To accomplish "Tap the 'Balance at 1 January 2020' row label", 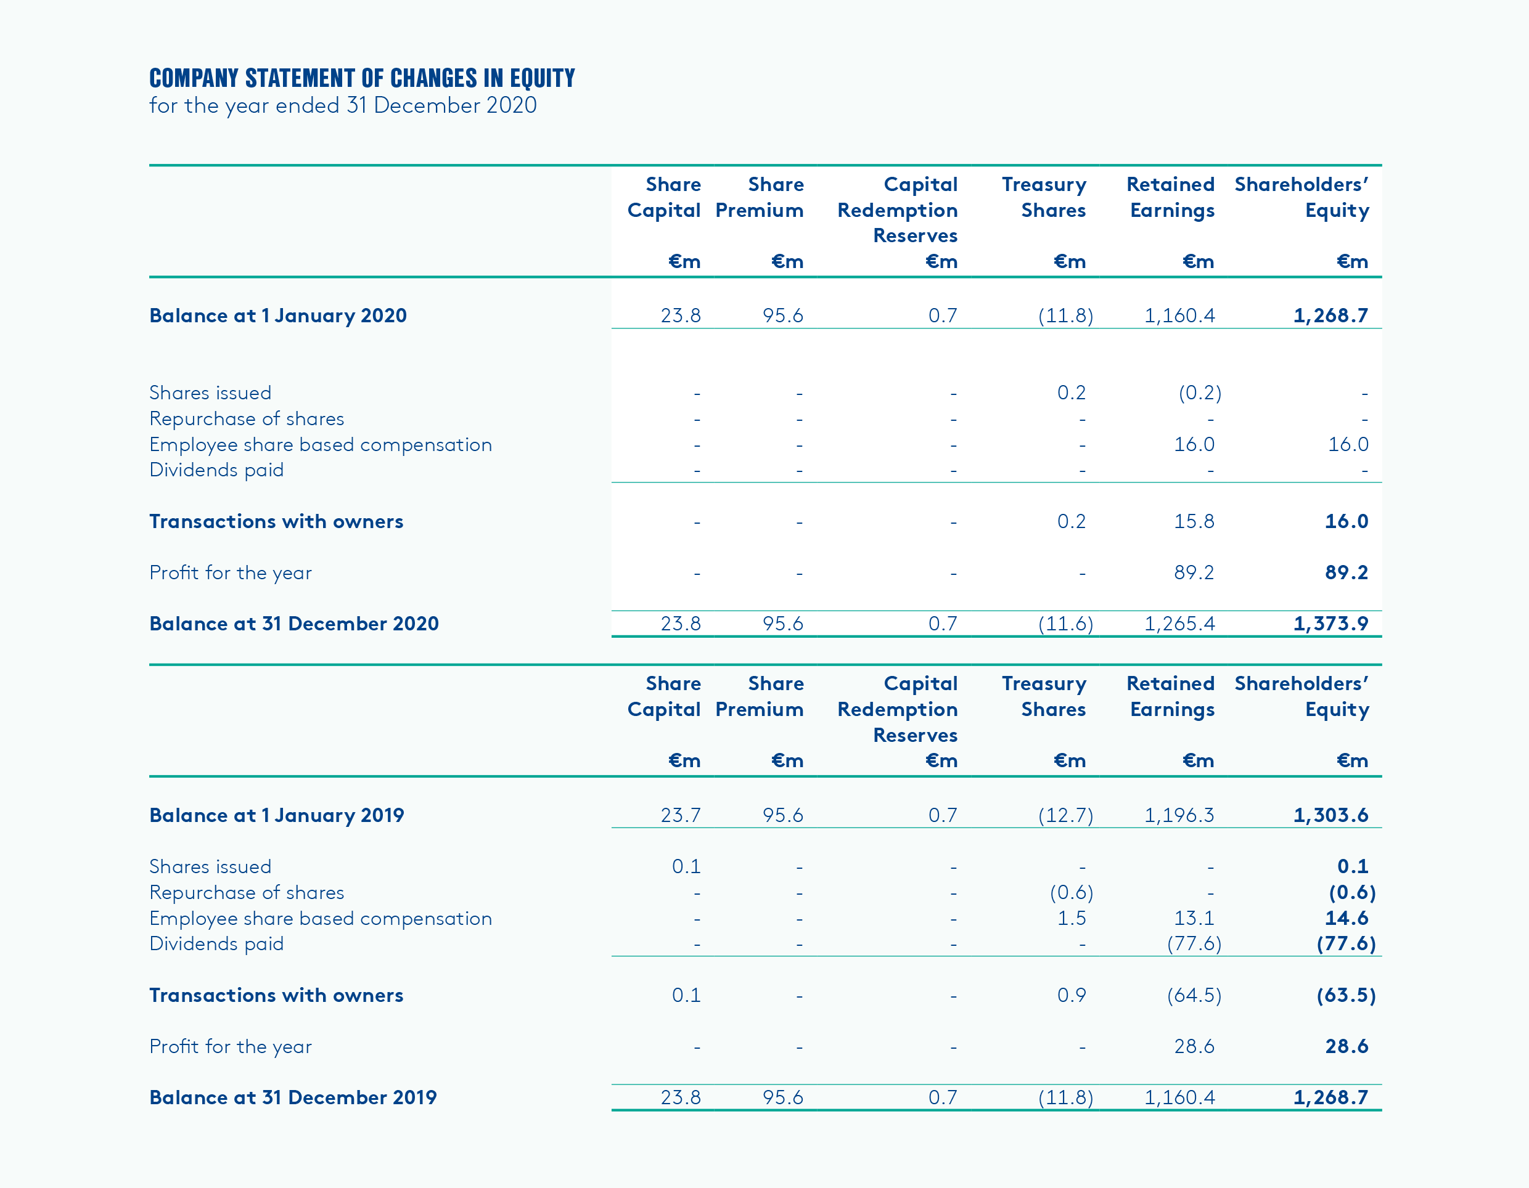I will coord(278,315).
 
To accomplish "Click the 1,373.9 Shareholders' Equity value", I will coord(1330,624).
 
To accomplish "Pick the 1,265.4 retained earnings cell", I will coord(1179,624).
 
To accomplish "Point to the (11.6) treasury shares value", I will coord(1065,624).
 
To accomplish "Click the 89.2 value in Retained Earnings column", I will coord(1194,572).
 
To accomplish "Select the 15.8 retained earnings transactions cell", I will coord(1194,521).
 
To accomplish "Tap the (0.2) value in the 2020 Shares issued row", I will coord(1199,393).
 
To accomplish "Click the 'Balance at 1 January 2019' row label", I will coord(277,815).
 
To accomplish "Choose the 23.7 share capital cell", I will coord(681,815).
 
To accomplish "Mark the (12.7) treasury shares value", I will coord(1065,815).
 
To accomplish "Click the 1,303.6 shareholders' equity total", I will coord(1330,815).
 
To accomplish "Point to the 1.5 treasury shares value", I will coord(1071,918).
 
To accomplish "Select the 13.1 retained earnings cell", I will coord(1194,918).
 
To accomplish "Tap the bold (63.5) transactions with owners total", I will coord(1345,995).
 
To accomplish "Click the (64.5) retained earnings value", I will coord(1194,995).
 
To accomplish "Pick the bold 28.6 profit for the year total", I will coord(1347,1046).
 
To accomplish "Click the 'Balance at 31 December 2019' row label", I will coord(293,1097).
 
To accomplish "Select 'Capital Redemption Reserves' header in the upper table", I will coord(898,210).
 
